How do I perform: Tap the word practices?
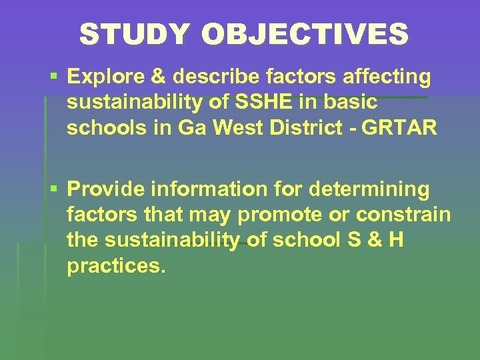click(115, 265)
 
